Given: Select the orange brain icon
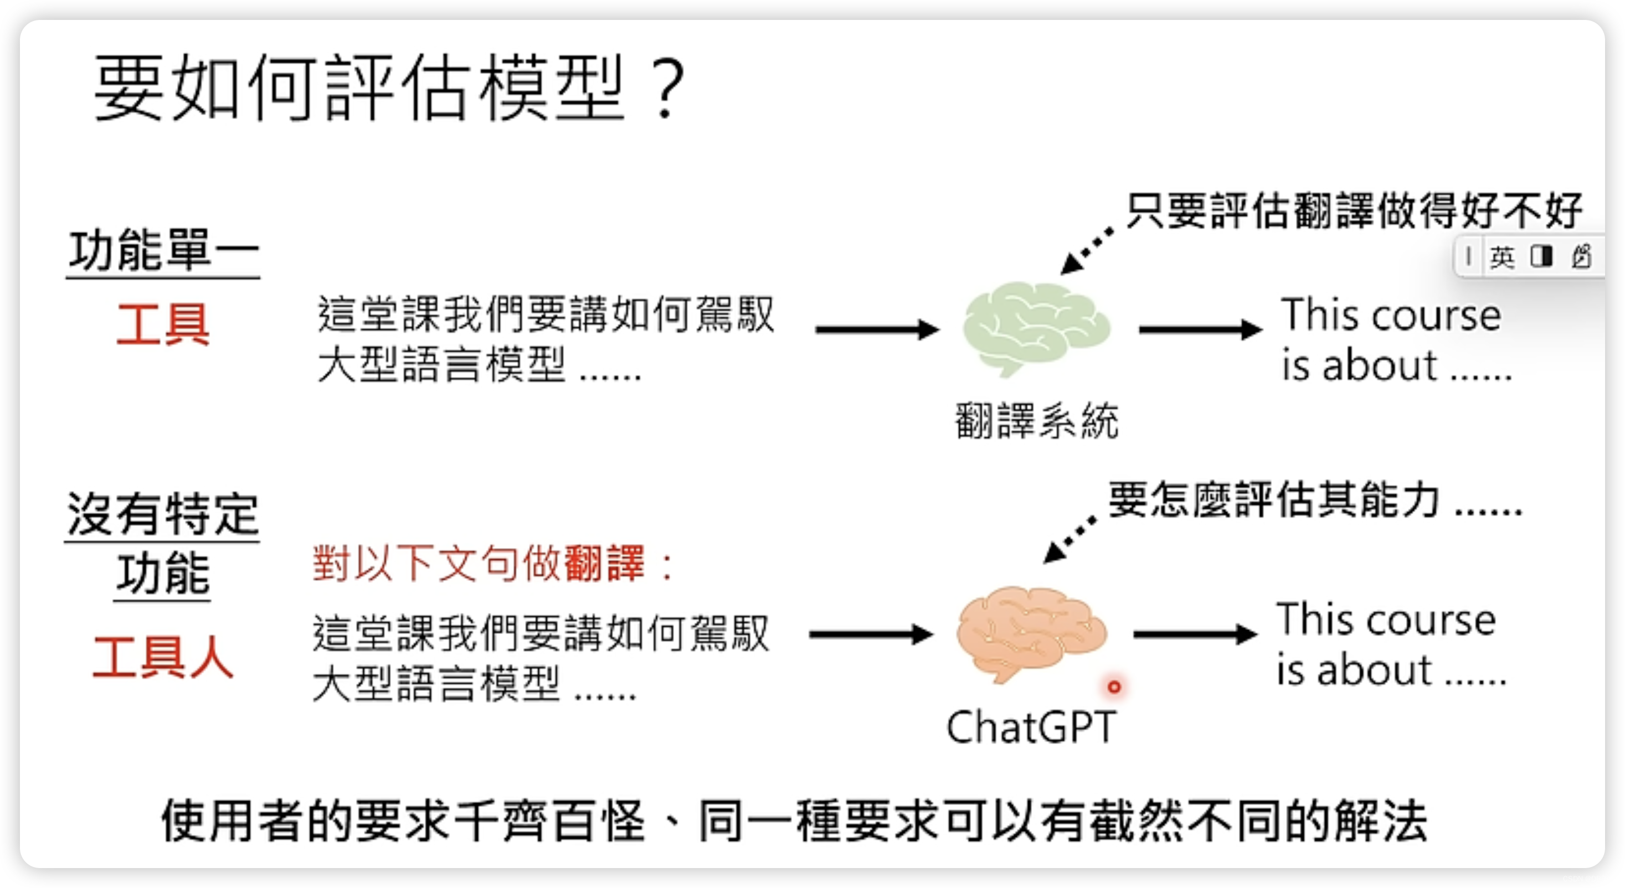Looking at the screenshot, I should coord(1031,633).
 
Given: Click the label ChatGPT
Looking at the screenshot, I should coord(1031,727).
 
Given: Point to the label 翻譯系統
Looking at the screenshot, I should coord(1036,421).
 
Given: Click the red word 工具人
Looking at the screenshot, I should coord(163,657).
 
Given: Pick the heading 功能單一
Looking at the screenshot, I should coord(163,250).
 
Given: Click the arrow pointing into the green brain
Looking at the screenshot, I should coord(877,329).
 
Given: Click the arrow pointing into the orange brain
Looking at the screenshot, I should coord(871,634).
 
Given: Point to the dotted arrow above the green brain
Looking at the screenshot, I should coord(1086,251).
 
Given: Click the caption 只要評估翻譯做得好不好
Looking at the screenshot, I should coord(1354,210).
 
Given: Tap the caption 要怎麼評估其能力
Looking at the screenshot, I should coord(1315,501).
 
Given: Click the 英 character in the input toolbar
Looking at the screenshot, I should coord(1502,257).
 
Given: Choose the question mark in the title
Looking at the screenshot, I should coord(668,88).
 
